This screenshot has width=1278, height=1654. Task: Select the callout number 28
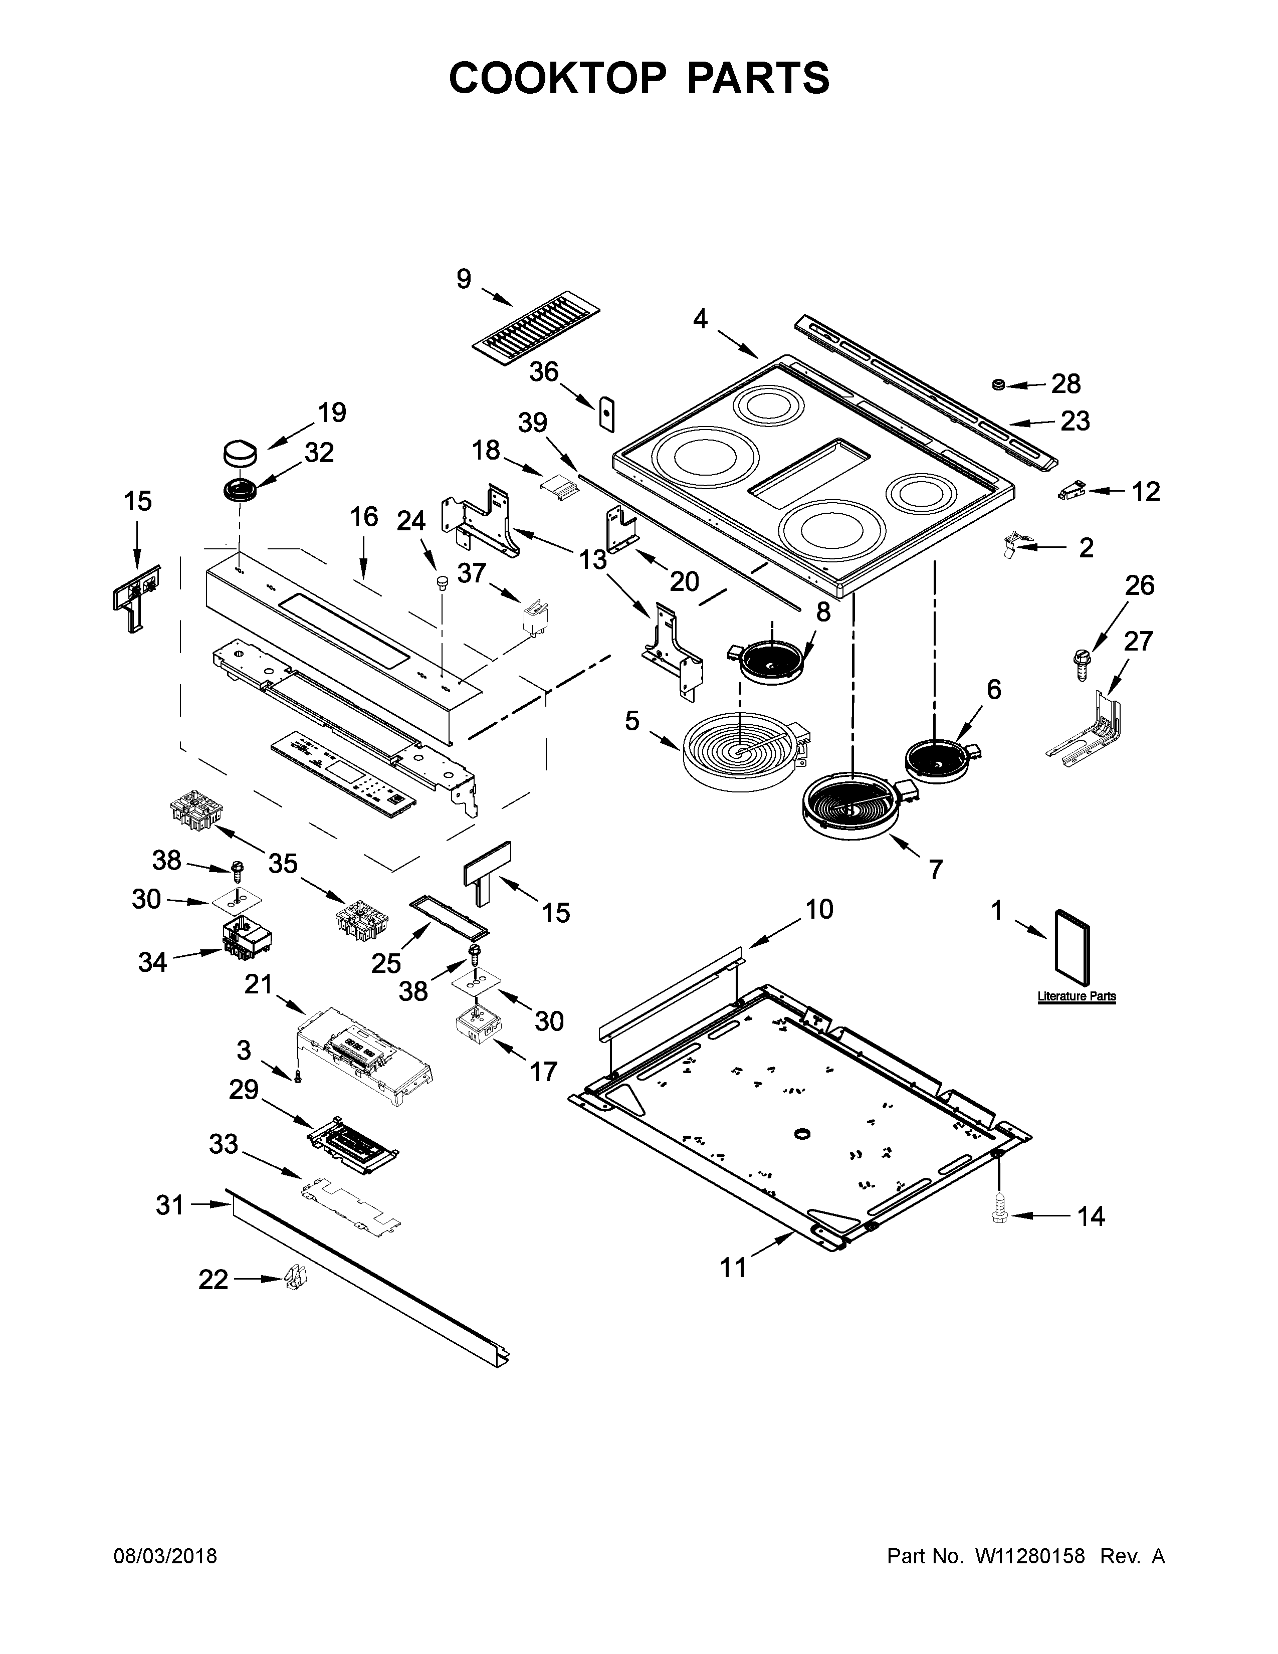[x=1066, y=385]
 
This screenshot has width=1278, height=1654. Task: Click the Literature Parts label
[x=1076, y=996]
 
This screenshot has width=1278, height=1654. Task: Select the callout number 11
[x=732, y=1268]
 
